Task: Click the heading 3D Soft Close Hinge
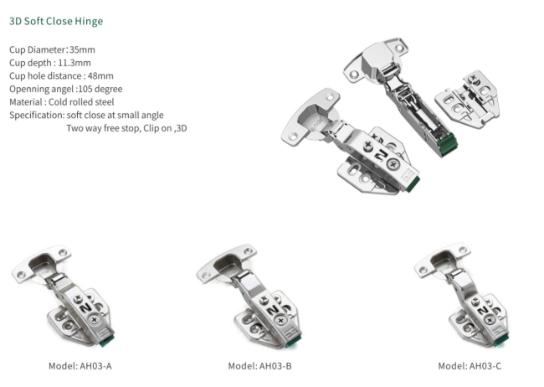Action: (56, 21)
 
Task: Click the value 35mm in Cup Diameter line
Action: (82, 49)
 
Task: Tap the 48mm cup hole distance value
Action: (100, 75)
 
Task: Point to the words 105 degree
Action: (100, 89)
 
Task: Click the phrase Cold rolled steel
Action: (81, 102)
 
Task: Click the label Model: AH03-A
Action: (80, 366)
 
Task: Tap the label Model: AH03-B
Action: (259, 366)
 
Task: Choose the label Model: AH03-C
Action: (470, 366)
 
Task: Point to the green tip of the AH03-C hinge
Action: (501, 339)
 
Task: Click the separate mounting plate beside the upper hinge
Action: (468, 100)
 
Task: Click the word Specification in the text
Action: (37, 116)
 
